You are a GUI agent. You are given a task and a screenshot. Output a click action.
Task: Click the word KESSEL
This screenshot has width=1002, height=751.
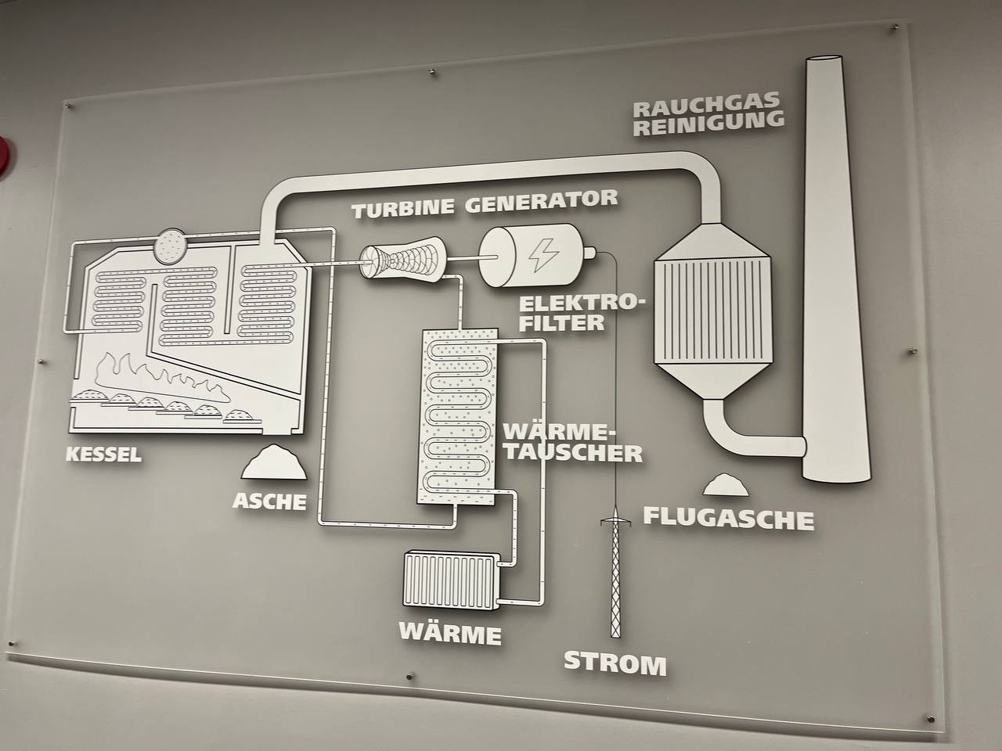[103, 455]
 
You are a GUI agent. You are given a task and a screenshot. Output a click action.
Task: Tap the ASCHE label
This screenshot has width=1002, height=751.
[270, 501]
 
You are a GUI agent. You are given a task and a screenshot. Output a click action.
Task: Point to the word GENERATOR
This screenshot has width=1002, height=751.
[542, 201]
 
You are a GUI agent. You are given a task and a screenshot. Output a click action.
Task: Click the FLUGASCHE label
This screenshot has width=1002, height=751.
[729, 519]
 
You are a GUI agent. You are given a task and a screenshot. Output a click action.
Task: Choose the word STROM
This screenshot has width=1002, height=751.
[615, 663]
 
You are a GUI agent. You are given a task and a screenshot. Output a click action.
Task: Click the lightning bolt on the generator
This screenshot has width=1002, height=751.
[543, 255]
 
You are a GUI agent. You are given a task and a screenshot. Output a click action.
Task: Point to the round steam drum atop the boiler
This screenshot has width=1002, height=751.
[170, 246]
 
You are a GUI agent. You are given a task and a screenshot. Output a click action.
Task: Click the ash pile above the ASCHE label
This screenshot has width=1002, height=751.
[274, 462]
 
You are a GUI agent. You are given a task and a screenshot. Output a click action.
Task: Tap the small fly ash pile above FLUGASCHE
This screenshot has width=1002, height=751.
[726, 485]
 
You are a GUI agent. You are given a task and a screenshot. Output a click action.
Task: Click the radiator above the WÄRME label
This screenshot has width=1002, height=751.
[451, 579]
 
